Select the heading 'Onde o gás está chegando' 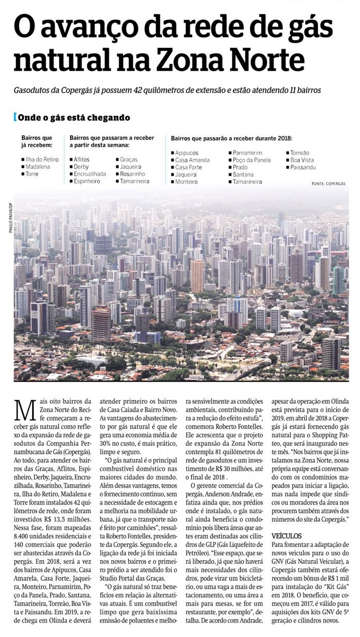click(74, 118)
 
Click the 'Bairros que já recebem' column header click(37, 141)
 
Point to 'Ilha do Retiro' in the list click(42, 160)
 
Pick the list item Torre click(32, 174)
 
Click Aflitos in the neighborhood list click(82, 160)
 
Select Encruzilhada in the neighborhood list click(90, 174)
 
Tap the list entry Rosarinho click(132, 174)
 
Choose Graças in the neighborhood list click(128, 160)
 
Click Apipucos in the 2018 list click(188, 153)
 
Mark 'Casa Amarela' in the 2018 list click(193, 161)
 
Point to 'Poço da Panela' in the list click(251, 161)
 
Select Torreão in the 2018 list click(300, 153)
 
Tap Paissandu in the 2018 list click(303, 168)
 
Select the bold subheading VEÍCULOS click(286, 535)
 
